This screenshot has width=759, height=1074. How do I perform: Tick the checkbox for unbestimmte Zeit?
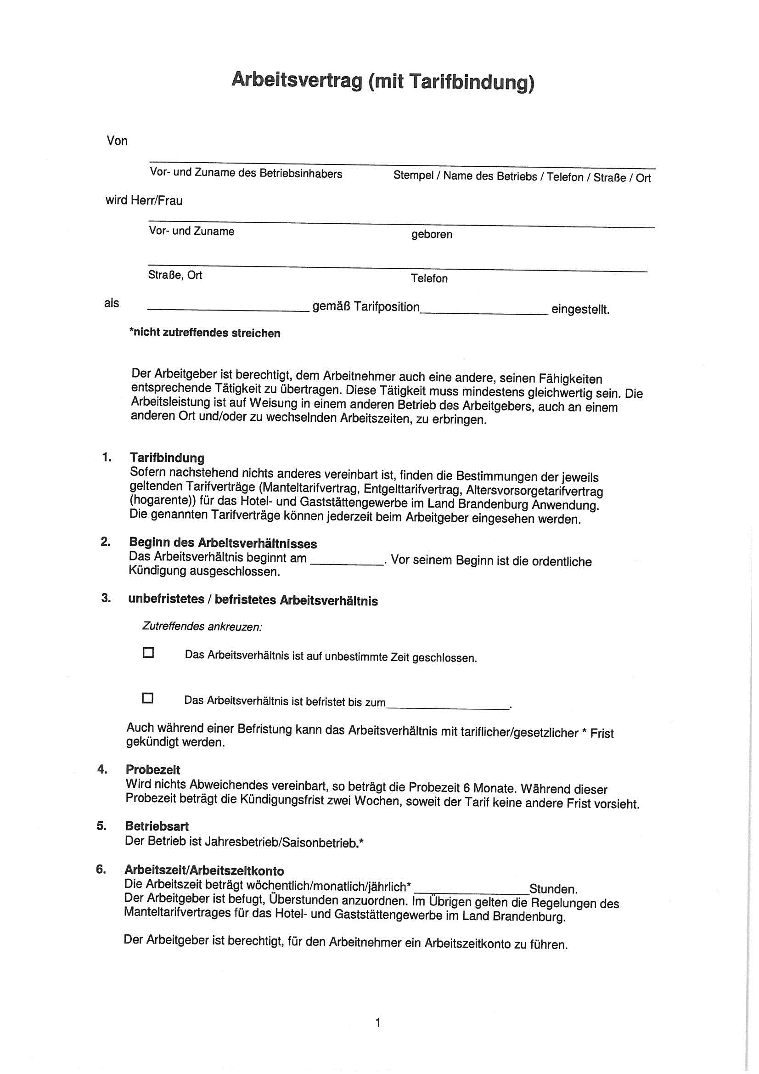148,653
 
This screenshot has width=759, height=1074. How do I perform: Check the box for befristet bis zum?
148,698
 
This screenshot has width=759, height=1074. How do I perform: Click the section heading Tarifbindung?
167,458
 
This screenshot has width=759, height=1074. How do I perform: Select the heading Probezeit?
153,769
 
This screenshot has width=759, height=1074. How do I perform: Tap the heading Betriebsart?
157,826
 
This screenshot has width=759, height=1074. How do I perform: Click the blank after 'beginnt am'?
347,563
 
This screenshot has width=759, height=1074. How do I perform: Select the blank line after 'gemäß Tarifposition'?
484,312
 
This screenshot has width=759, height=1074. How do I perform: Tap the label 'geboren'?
432,234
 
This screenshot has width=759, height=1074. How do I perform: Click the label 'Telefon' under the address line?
429,279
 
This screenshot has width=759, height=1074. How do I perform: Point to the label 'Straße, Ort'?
175,275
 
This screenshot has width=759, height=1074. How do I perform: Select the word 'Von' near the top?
117,141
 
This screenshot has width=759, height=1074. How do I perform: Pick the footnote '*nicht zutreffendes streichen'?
205,333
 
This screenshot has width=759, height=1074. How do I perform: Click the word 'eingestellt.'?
580,310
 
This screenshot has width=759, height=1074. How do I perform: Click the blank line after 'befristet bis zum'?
448,708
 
